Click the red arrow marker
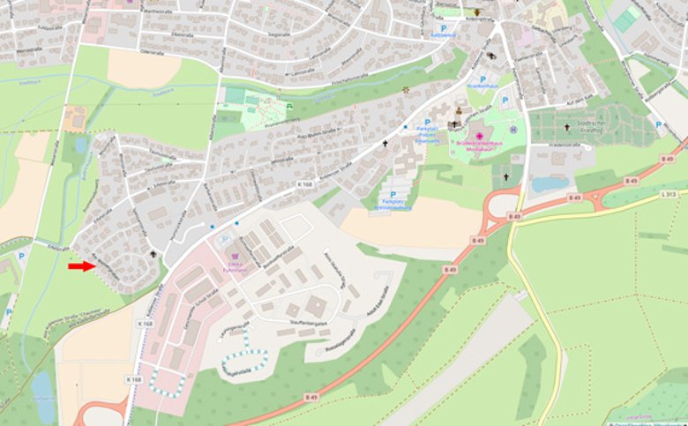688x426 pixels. pos(81,265)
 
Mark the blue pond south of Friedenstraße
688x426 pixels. pos(550,184)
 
